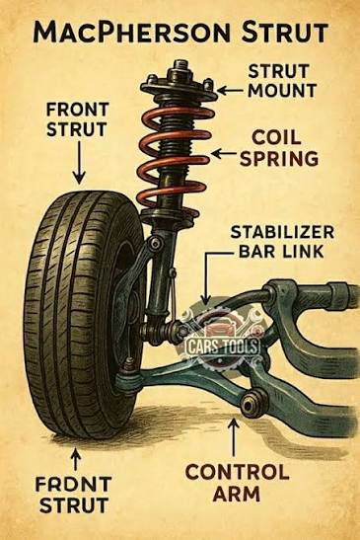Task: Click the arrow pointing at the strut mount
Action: (229, 88)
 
